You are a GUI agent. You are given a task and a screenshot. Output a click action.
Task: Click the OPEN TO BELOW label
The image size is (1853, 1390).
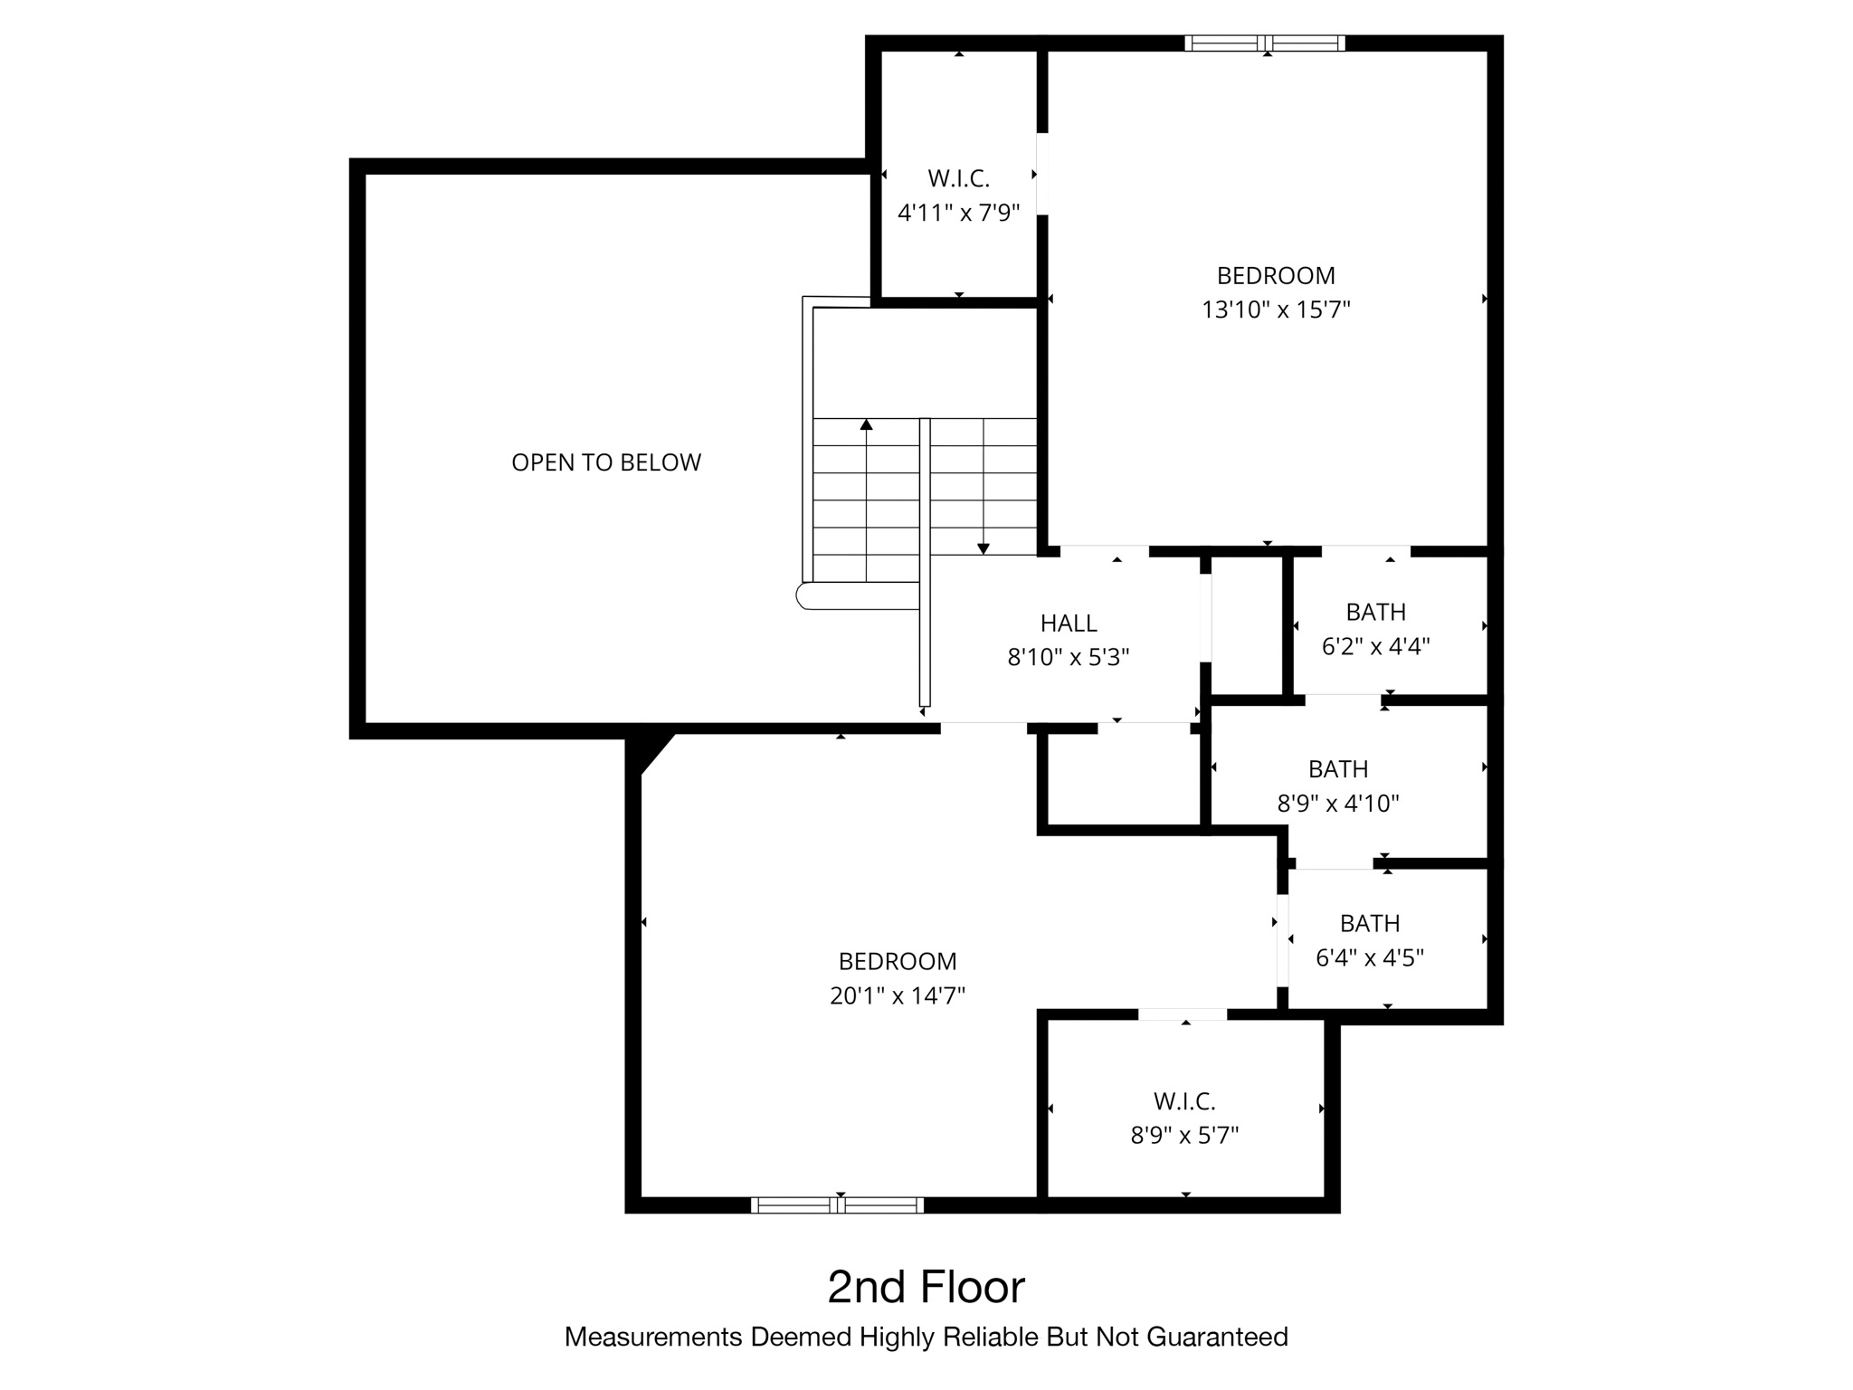pos(606,462)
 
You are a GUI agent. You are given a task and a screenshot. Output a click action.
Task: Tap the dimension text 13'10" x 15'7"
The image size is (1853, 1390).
pos(1276,310)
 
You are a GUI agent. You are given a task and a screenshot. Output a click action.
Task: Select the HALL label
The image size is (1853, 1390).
pos(1069,623)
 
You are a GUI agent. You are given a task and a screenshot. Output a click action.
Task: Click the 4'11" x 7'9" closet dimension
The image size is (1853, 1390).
pos(958,214)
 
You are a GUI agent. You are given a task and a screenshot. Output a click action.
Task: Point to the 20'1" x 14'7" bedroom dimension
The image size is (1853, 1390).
pos(898,996)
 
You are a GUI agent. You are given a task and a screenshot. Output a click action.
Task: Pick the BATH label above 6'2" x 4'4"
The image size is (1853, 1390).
pos(1375,613)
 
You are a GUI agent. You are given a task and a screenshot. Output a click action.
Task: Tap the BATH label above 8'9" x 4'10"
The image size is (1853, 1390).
pos(1338,769)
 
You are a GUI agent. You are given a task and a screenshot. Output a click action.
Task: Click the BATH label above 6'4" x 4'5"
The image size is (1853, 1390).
pos(1370,924)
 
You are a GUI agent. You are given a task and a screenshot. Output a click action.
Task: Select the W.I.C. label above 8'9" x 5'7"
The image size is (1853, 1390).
pos(1184,1101)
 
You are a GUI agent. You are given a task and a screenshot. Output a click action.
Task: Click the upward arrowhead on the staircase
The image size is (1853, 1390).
pos(866,424)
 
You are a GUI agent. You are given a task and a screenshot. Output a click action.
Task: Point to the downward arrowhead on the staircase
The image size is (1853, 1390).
pos(984,548)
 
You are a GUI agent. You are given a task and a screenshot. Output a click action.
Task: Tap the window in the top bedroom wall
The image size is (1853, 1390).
pos(1265,43)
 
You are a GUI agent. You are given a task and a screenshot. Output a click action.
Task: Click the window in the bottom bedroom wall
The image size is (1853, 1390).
pos(837,1204)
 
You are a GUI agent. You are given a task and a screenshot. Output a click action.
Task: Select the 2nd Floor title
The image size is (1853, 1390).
pos(926,1287)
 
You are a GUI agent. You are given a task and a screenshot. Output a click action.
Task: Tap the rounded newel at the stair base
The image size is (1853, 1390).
pos(803,595)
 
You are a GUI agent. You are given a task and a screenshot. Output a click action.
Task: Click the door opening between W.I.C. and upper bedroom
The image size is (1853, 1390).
pos(1042,174)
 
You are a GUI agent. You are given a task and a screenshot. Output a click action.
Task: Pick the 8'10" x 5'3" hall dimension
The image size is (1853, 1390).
pos(1069,657)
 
